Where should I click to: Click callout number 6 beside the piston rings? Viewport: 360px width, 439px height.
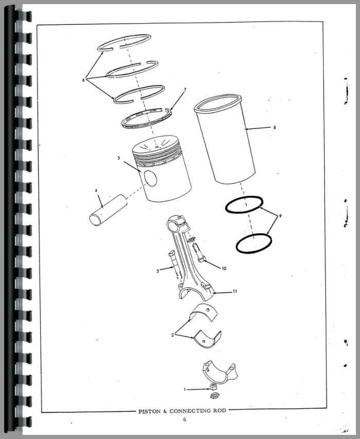pyautogui.click(x=83, y=80)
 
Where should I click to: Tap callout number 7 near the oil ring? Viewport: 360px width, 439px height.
pyautogui.click(x=185, y=90)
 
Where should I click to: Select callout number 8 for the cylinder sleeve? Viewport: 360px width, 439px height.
pyautogui.click(x=275, y=127)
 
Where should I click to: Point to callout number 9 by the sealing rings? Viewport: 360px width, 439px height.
pyautogui.click(x=280, y=216)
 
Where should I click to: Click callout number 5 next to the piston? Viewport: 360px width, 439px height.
pyautogui.click(x=119, y=158)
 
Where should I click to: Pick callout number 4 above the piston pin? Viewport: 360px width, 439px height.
pyautogui.click(x=96, y=190)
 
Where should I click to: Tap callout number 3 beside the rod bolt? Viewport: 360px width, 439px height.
pyautogui.click(x=158, y=271)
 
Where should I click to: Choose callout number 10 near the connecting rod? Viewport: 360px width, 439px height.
pyautogui.click(x=224, y=268)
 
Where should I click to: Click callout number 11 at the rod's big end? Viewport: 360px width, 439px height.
pyautogui.click(x=235, y=291)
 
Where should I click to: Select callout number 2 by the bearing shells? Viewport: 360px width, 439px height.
pyautogui.click(x=173, y=335)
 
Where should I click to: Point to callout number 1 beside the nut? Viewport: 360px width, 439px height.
pyautogui.click(x=185, y=390)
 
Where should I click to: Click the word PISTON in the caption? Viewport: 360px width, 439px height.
pyautogui.click(x=150, y=411)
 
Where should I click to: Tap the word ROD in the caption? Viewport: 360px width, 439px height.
pyautogui.click(x=220, y=411)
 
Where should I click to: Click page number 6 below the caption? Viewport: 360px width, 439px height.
pyautogui.click(x=184, y=419)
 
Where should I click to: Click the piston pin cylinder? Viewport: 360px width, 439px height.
pyautogui.click(x=108, y=210)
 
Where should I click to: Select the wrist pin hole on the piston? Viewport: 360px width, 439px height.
pyautogui.click(x=151, y=178)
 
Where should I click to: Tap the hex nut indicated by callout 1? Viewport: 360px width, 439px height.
pyautogui.click(x=213, y=388)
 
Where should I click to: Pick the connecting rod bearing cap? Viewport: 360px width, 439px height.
pyautogui.click(x=219, y=372)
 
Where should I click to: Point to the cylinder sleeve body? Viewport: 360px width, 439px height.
pyautogui.click(x=225, y=139)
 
